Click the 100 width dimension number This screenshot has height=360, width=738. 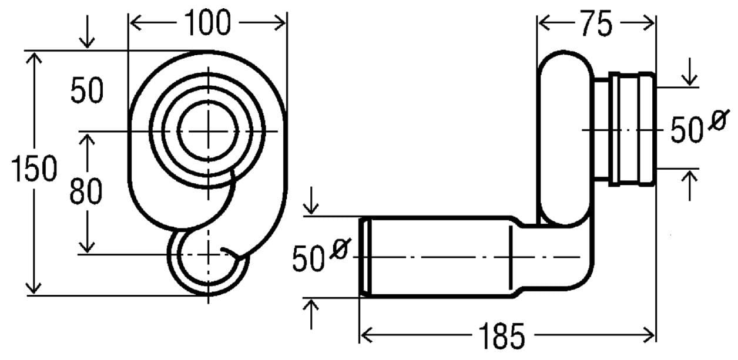[207, 22]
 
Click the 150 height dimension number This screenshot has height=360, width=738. [34, 169]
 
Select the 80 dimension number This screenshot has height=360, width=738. [86, 191]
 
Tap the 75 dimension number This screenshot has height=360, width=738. [596, 23]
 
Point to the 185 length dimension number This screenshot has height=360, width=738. [501, 336]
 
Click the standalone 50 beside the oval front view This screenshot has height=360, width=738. [87, 90]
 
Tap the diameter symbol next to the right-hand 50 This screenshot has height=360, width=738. [719, 120]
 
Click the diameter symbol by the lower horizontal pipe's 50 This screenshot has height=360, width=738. [341, 248]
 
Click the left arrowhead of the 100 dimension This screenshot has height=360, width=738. [136, 23]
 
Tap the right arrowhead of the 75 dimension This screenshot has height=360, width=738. [648, 23]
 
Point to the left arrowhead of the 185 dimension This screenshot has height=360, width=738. [367, 335]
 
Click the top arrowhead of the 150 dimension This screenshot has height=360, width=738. [33, 58]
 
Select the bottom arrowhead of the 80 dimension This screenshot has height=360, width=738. [86, 247]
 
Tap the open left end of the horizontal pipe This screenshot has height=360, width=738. [365, 257]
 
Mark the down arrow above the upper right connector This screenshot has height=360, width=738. [690, 72]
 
